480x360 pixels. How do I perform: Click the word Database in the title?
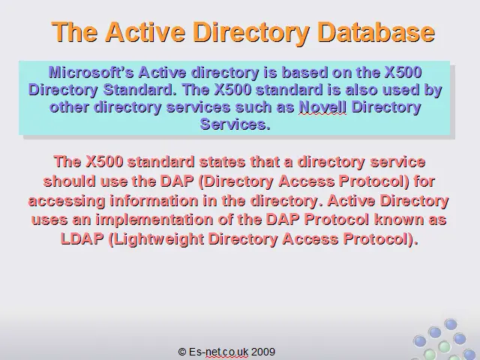tap(376, 31)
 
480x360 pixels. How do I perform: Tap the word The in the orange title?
tap(75, 31)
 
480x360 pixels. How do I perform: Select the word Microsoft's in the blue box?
tap(91, 73)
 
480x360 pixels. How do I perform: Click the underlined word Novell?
tap(322, 107)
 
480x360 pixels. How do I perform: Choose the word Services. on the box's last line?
tap(235, 124)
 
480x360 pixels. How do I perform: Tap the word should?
tap(70, 181)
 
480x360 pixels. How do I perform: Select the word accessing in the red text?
tap(67, 201)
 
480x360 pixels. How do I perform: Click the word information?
tap(154, 200)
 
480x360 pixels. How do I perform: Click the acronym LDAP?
tap(82, 238)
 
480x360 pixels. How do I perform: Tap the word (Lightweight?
tap(156, 239)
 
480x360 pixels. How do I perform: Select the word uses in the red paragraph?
tap(49, 220)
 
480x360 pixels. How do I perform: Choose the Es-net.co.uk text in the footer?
tap(218, 352)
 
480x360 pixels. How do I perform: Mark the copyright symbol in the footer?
tap(182, 352)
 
